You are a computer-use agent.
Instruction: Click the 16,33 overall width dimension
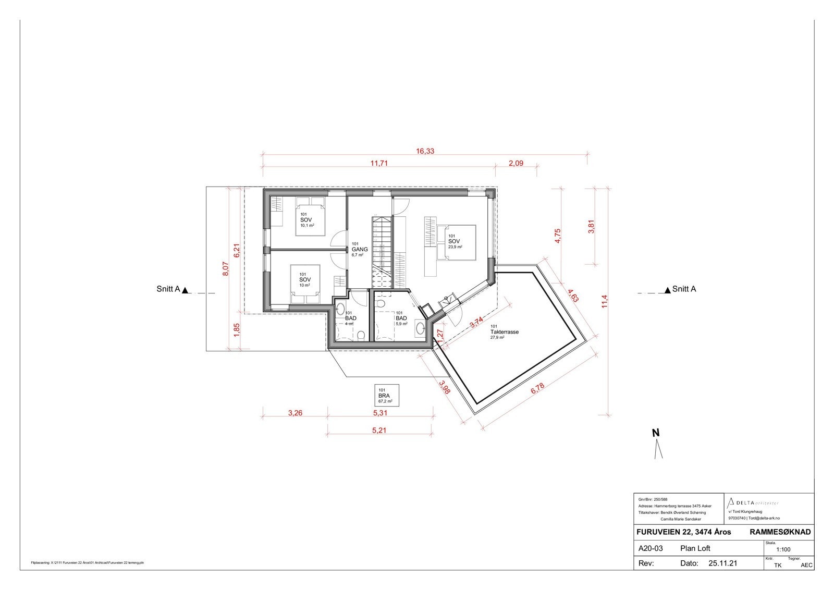point(425,152)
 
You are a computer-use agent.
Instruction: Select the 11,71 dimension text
point(379,163)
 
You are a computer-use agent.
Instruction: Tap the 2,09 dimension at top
point(516,163)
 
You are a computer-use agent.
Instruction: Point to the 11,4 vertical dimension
point(605,301)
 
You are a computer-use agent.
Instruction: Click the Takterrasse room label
point(504,332)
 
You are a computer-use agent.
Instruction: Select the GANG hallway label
point(359,250)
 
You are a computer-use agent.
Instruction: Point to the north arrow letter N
point(656,433)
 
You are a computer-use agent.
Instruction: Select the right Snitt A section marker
point(680,289)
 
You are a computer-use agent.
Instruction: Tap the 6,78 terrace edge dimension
point(537,389)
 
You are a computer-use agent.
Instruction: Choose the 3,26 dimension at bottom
point(295,413)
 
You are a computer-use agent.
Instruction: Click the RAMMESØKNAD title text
point(780,532)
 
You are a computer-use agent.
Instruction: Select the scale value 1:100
point(783,549)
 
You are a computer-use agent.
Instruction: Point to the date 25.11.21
point(722,563)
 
